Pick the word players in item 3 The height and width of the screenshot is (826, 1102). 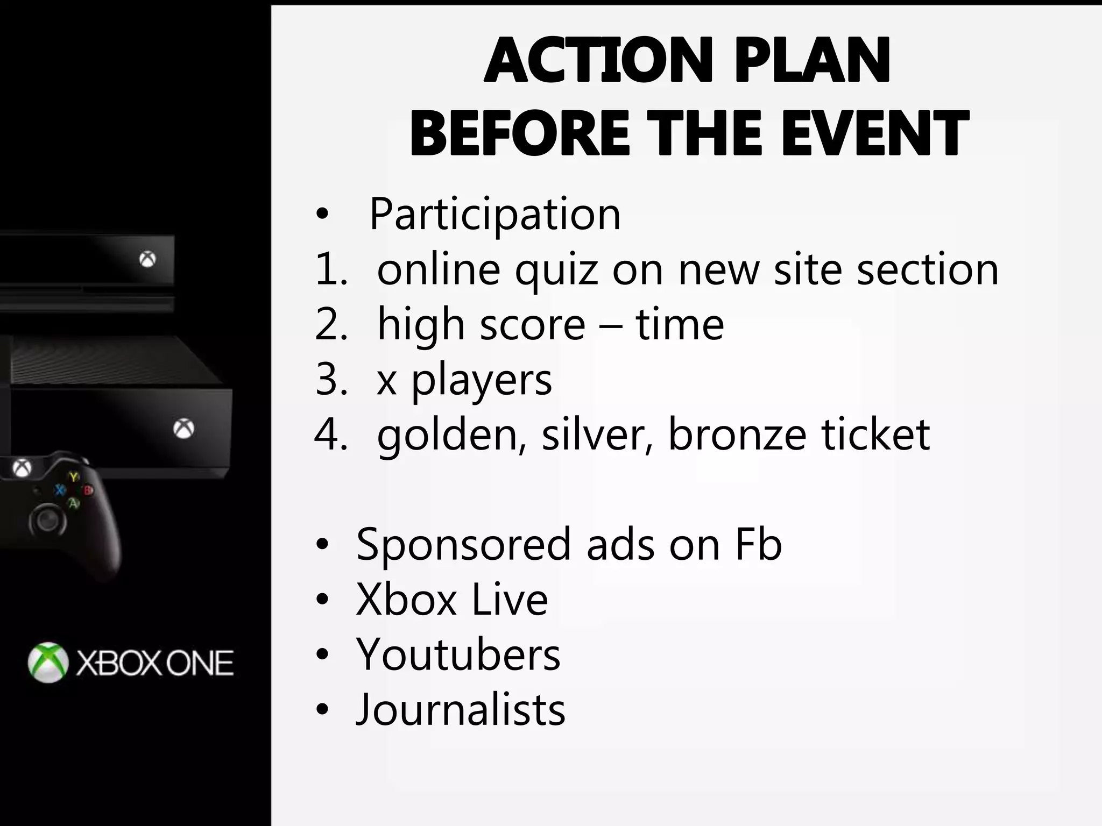pyautogui.click(x=482, y=381)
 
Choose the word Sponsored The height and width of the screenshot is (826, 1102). pyautogui.click(x=463, y=545)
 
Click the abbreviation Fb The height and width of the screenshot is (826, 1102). pyautogui.click(x=758, y=545)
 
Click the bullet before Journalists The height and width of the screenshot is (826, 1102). pyautogui.click(x=322, y=710)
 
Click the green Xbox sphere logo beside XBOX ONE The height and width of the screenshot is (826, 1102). pyautogui.click(x=48, y=663)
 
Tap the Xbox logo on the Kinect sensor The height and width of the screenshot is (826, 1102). pyautogui.click(x=147, y=260)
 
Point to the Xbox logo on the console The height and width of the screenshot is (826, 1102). pyautogui.click(x=183, y=429)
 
